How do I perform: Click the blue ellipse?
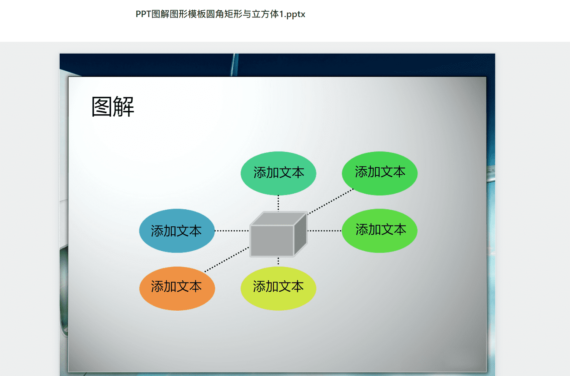[x=177, y=231]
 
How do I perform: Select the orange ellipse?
[x=177, y=289]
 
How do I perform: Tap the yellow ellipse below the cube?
[x=279, y=289]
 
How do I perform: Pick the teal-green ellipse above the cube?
[x=279, y=173]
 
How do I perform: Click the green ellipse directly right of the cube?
[x=379, y=231]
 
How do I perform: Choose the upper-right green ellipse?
[x=380, y=173]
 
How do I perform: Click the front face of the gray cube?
[x=272, y=240]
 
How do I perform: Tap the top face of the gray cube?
[x=279, y=219]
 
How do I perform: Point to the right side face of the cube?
[x=301, y=234]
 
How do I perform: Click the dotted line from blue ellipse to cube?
[x=232, y=231]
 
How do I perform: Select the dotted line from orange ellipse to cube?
[x=227, y=259]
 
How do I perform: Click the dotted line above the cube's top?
[x=278, y=203]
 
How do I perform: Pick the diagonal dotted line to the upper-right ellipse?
[x=331, y=202]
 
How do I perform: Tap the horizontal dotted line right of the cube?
[x=325, y=231]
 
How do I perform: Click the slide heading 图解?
[x=113, y=107]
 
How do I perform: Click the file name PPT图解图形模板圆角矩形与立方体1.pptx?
[x=220, y=14]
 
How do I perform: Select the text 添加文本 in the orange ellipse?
[x=176, y=286]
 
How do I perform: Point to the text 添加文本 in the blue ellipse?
[x=176, y=231]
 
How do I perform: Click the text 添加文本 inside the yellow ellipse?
[x=279, y=286]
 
